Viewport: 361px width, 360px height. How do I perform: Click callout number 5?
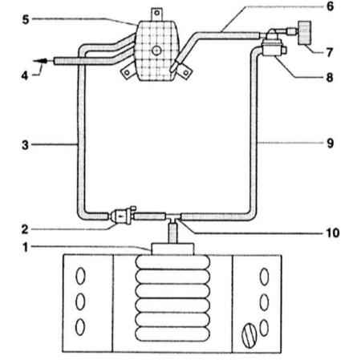point(26,19)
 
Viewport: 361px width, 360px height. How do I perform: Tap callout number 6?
point(331,6)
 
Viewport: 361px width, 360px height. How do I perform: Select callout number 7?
point(330,52)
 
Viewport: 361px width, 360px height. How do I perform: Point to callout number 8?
point(330,78)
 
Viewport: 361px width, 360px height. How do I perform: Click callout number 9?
point(331,144)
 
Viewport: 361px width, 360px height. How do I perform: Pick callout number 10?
point(333,233)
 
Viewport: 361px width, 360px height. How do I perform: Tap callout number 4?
point(25,75)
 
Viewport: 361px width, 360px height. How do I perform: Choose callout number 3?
point(25,145)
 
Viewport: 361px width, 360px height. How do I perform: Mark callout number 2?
point(25,229)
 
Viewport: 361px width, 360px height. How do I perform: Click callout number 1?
point(26,247)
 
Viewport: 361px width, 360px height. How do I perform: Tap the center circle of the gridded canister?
point(156,51)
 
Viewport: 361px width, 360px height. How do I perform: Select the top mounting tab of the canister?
point(156,14)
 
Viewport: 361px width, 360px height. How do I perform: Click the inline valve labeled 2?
point(121,216)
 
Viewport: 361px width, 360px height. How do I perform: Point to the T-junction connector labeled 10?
point(173,217)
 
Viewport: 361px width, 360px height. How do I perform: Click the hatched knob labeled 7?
point(305,33)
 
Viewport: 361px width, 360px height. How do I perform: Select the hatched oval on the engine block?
point(249,336)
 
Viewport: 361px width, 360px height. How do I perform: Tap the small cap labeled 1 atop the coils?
point(172,249)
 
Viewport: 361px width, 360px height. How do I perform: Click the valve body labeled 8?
point(273,47)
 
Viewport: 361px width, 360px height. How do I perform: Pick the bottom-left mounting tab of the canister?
point(128,71)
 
